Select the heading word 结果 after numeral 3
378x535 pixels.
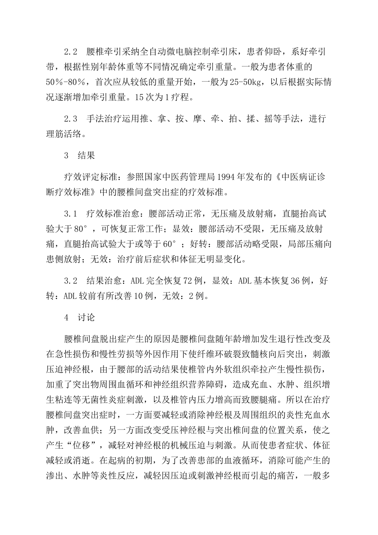point(86,156)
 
